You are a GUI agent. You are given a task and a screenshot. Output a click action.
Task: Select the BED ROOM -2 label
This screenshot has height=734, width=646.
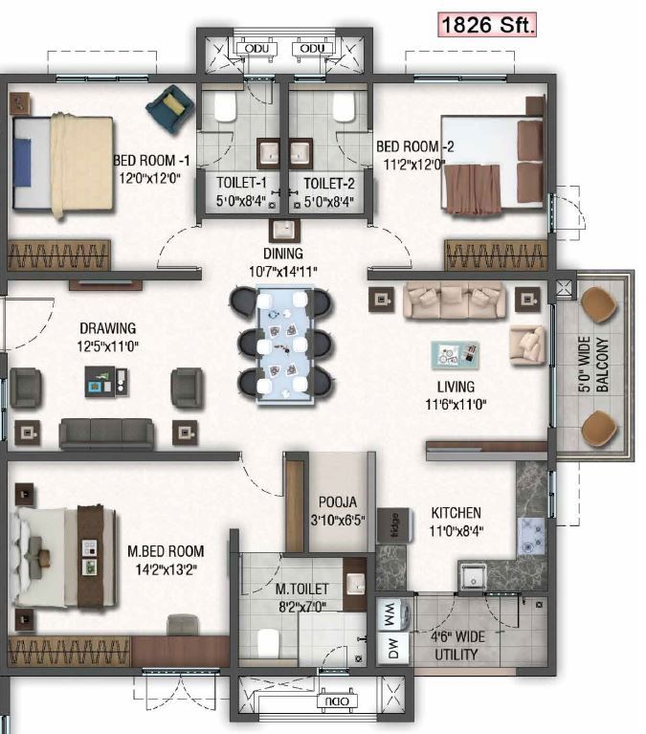click(414, 146)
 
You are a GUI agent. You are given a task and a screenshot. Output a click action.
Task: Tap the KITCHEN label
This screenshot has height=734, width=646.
click(455, 513)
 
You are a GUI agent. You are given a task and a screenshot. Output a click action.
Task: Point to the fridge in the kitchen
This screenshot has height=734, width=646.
click(392, 524)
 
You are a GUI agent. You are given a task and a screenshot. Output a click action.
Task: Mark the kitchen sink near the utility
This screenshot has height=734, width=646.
click(472, 576)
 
